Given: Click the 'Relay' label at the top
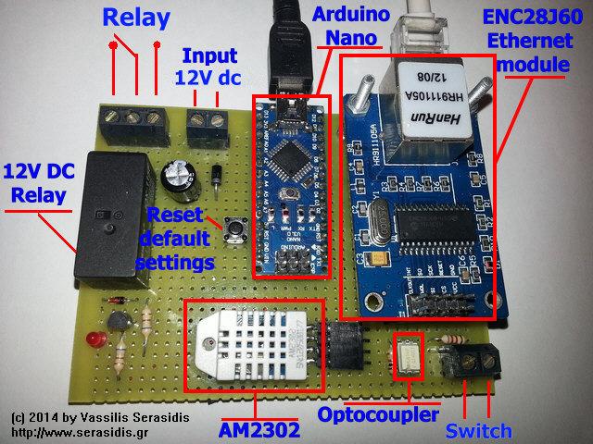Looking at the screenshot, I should pos(136,18).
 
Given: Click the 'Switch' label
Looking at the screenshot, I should pos(478,430).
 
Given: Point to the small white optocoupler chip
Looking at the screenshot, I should pos(408,355).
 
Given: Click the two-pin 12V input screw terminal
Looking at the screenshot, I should pos(209,119).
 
